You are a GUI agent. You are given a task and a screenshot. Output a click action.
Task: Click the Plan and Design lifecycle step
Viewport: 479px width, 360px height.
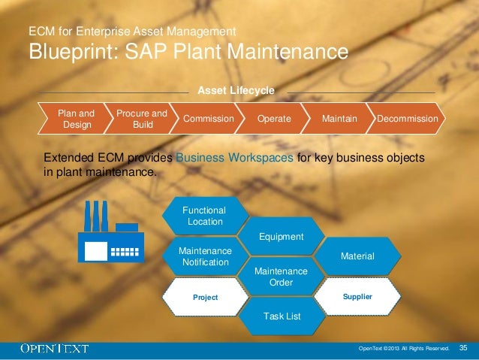pos(76,119)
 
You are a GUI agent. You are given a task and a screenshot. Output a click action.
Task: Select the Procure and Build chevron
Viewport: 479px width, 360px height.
pos(141,119)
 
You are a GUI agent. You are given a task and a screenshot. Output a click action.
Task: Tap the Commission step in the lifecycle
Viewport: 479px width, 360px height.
pos(208,119)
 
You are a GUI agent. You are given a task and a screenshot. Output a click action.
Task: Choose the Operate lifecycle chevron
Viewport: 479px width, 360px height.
pos(274,119)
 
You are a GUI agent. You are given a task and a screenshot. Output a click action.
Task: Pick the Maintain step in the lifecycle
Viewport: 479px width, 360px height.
pos(339,119)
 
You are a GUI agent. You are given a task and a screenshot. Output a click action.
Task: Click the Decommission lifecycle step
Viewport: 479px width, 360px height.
pos(407,119)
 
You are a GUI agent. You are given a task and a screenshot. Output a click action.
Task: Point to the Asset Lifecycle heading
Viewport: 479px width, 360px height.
pos(236,91)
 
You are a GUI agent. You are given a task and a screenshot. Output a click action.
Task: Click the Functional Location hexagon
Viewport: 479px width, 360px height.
pos(205,216)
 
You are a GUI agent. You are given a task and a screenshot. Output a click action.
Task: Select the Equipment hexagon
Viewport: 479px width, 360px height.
pos(281,237)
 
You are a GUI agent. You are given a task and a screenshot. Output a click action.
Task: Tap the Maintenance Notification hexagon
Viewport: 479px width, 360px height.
pos(205,256)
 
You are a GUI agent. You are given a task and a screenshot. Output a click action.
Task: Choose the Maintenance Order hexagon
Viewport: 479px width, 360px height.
pos(281,276)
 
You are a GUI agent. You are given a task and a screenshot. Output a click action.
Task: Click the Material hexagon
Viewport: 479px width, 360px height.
pos(357,256)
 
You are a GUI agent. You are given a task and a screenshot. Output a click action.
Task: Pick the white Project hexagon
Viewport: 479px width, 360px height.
pos(205,297)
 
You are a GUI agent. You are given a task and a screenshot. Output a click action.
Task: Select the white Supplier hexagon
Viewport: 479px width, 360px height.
pos(357,297)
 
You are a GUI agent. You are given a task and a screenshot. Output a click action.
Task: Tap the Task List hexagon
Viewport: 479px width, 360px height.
pos(282,316)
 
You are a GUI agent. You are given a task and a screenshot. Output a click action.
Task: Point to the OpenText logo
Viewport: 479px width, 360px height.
pos(55,348)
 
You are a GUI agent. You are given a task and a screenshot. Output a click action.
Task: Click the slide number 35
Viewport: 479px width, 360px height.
pos(462,348)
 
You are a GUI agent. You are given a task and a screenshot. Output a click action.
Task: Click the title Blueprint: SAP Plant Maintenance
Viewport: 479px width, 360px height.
pos(188,52)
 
